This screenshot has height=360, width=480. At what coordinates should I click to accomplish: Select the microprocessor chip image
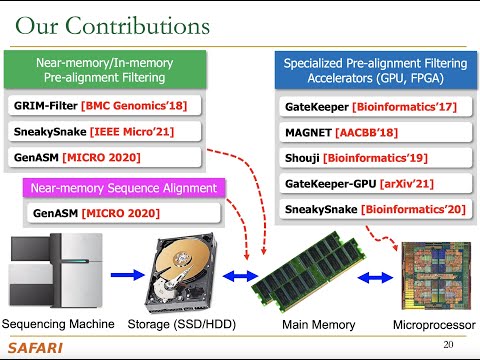click(x=429, y=274)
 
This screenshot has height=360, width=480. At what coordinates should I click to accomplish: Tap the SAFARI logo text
click(x=37, y=347)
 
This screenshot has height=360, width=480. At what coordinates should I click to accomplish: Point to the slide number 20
click(x=448, y=344)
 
